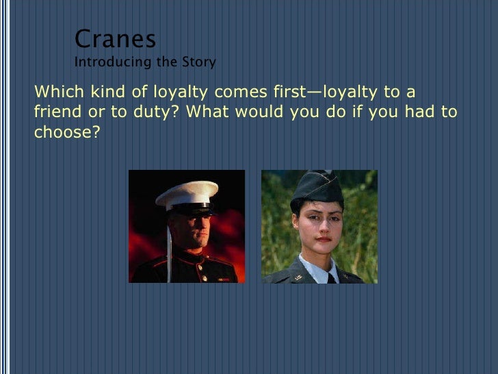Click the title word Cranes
click(x=115, y=39)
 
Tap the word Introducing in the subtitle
click(x=103, y=63)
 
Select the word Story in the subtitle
click(x=198, y=63)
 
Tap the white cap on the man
click(x=187, y=192)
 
